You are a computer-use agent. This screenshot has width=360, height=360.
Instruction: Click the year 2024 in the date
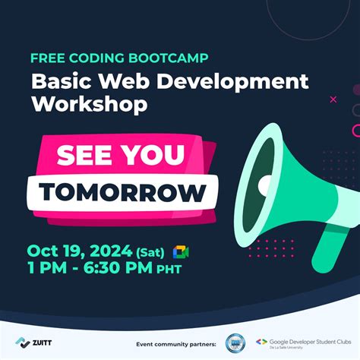pyautogui.click(x=110, y=251)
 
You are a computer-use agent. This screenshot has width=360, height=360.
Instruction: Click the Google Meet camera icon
pyautogui.click(x=181, y=252)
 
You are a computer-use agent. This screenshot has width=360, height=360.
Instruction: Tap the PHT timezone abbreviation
pyautogui.click(x=168, y=270)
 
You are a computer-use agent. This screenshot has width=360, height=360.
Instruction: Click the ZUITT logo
pyautogui.click(x=34, y=343)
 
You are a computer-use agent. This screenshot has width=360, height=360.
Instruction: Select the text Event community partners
pyautogui.click(x=175, y=344)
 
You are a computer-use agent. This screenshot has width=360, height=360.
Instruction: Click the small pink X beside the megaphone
pyautogui.click(x=333, y=99)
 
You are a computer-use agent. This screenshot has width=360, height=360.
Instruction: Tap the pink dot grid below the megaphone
pyautogui.click(x=270, y=248)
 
